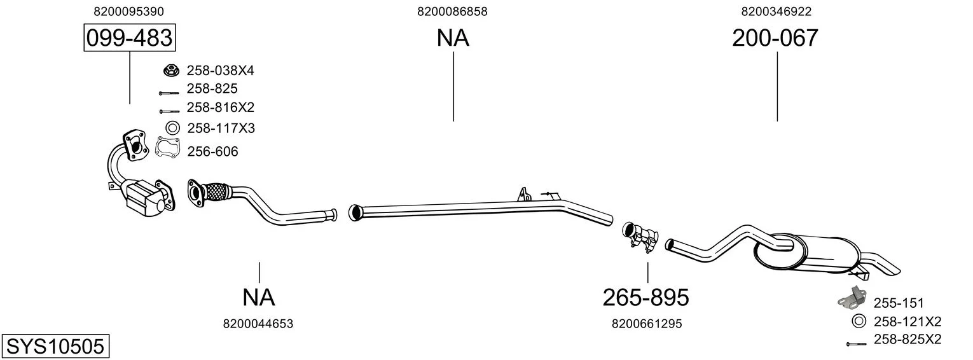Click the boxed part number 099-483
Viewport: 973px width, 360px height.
[130, 38]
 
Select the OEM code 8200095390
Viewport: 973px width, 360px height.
[128, 11]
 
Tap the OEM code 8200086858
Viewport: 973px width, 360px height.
[452, 11]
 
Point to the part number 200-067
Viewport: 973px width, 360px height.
[775, 38]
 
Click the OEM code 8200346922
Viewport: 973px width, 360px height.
[776, 11]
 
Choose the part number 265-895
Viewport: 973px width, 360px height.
[646, 298]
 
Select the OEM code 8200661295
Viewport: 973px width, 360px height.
[647, 324]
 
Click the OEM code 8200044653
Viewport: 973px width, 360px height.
[258, 324]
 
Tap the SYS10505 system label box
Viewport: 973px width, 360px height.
[55, 346]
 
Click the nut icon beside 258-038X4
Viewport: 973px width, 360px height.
[172, 70]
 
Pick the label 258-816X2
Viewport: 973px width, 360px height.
[220, 107]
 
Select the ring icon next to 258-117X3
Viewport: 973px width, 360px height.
[172, 128]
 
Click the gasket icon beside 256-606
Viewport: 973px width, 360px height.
[168, 148]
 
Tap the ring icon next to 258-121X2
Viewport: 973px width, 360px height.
[858, 322]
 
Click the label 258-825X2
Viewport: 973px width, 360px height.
[907, 339]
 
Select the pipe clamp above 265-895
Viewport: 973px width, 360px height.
[640, 237]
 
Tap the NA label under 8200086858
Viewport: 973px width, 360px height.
[453, 38]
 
